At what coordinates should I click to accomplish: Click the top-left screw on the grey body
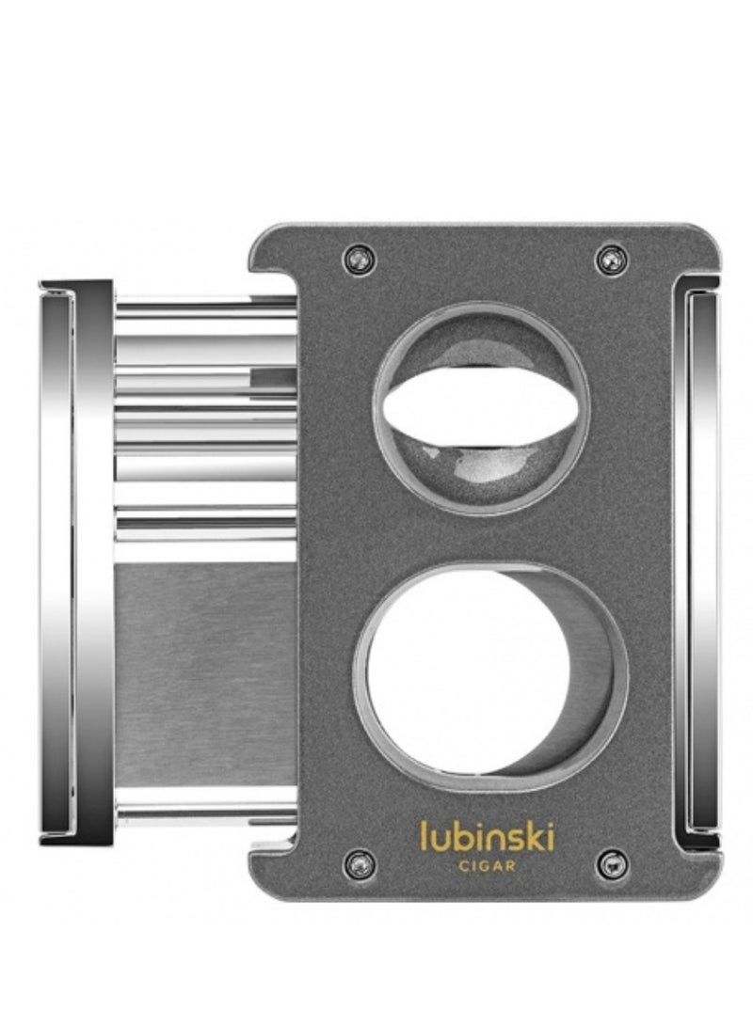pyautogui.click(x=359, y=259)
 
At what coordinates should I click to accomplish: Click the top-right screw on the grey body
pyautogui.click(x=612, y=259)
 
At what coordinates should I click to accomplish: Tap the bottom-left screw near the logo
pyautogui.click(x=359, y=862)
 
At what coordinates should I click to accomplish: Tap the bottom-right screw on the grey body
pyautogui.click(x=612, y=862)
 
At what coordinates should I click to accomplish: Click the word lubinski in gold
pyautogui.click(x=487, y=835)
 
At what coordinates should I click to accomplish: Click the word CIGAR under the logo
pyautogui.click(x=487, y=866)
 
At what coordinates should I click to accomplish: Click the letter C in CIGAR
pyautogui.click(x=461, y=866)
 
